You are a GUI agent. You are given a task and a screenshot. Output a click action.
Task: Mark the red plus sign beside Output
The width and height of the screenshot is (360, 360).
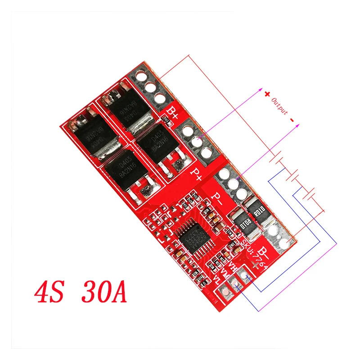click(x=267, y=94)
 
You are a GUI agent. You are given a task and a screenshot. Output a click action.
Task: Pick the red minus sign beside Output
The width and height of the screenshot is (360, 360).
click(x=292, y=120)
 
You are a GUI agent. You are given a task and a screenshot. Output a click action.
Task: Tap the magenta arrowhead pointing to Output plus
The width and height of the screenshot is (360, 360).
click(x=261, y=90)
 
